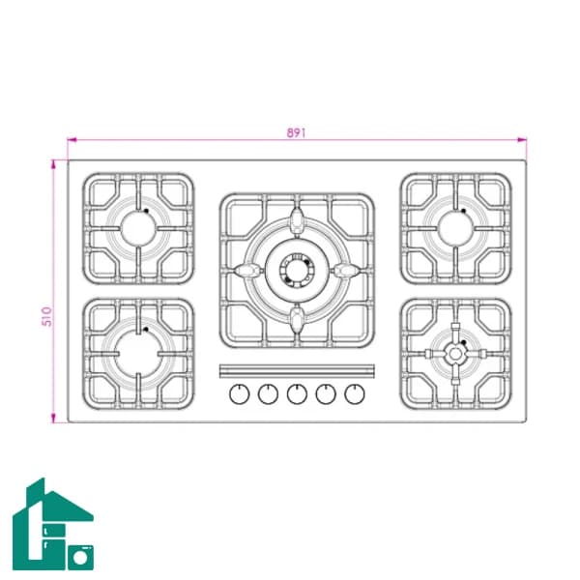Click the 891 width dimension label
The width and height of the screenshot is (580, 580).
[x=297, y=132]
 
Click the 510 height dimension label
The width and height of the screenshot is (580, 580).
[x=47, y=317]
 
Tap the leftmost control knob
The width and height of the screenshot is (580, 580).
[x=240, y=394]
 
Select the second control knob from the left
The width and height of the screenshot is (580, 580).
[x=268, y=394]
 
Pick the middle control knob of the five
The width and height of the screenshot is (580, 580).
[x=297, y=394]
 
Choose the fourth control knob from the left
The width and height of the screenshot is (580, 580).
[x=326, y=394]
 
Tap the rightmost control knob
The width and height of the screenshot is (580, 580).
[x=355, y=394]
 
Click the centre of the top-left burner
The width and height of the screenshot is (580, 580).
[x=138, y=228]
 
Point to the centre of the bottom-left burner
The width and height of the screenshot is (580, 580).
[x=138, y=354]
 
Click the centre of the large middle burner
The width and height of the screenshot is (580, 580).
[x=297, y=270]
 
